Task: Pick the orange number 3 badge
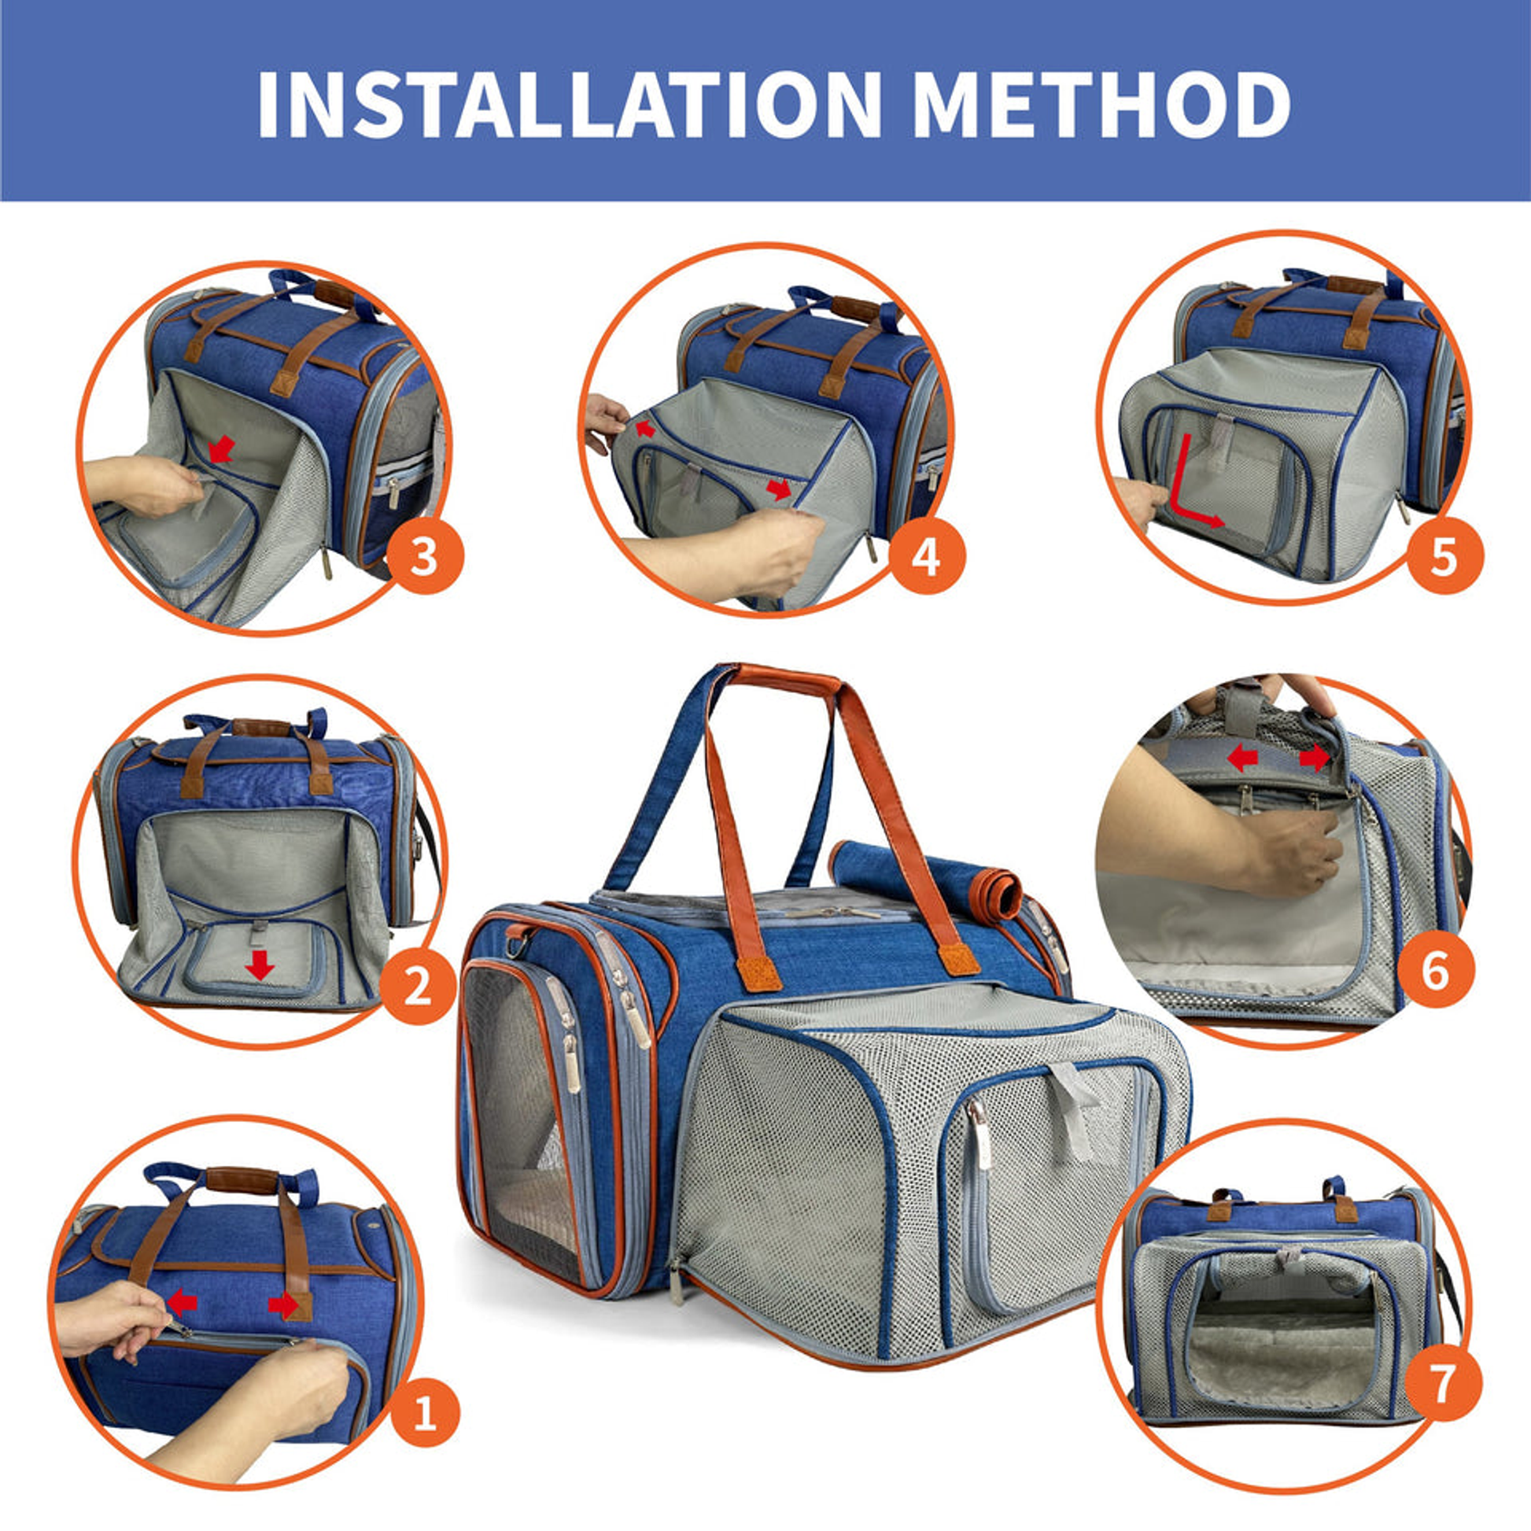pos(424,555)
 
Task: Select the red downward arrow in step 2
pos(259,965)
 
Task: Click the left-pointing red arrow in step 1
pos(182,1300)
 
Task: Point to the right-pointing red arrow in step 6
pos(1314,758)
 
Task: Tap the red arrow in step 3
pos(222,448)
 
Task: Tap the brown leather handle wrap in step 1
pos(242,1181)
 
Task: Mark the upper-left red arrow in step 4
pos(646,429)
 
